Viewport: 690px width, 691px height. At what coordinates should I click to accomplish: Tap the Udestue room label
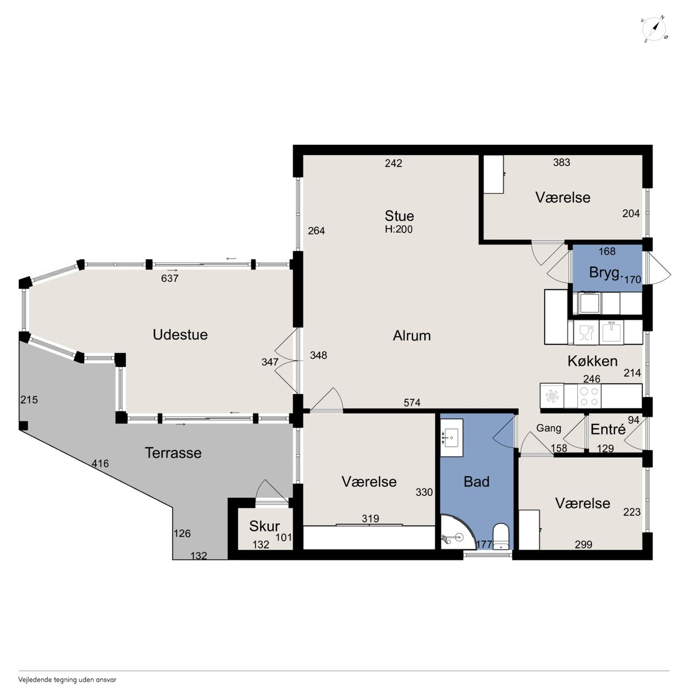[x=180, y=335]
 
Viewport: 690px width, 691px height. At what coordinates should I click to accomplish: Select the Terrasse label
[x=173, y=453]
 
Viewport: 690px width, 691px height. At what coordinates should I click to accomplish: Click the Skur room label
[x=265, y=526]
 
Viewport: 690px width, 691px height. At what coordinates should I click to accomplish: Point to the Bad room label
[x=476, y=482]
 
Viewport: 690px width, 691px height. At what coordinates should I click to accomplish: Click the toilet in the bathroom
[x=500, y=537]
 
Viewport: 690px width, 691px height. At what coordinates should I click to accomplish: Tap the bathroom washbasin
[x=451, y=437]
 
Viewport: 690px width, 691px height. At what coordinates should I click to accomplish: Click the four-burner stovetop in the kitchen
[x=589, y=396]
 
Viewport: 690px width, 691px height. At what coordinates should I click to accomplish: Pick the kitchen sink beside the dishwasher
[x=611, y=331]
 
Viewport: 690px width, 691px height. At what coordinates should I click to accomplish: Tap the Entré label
[x=608, y=429]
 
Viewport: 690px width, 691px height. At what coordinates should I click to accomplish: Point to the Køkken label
[x=592, y=361]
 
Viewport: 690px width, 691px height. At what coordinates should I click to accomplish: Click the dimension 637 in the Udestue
[x=170, y=278]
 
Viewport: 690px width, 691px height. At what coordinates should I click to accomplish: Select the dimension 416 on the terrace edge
[x=100, y=464]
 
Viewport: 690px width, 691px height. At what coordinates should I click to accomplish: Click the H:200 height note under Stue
[x=399, y=229]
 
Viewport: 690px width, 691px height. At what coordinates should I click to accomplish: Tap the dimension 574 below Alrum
[x=412, y=403]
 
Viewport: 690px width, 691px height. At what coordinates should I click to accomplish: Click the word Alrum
[x=412, y=336]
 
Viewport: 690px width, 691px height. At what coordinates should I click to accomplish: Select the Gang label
[x=549, y=428]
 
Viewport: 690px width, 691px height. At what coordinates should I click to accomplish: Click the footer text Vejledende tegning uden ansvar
[x=67, y=679]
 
